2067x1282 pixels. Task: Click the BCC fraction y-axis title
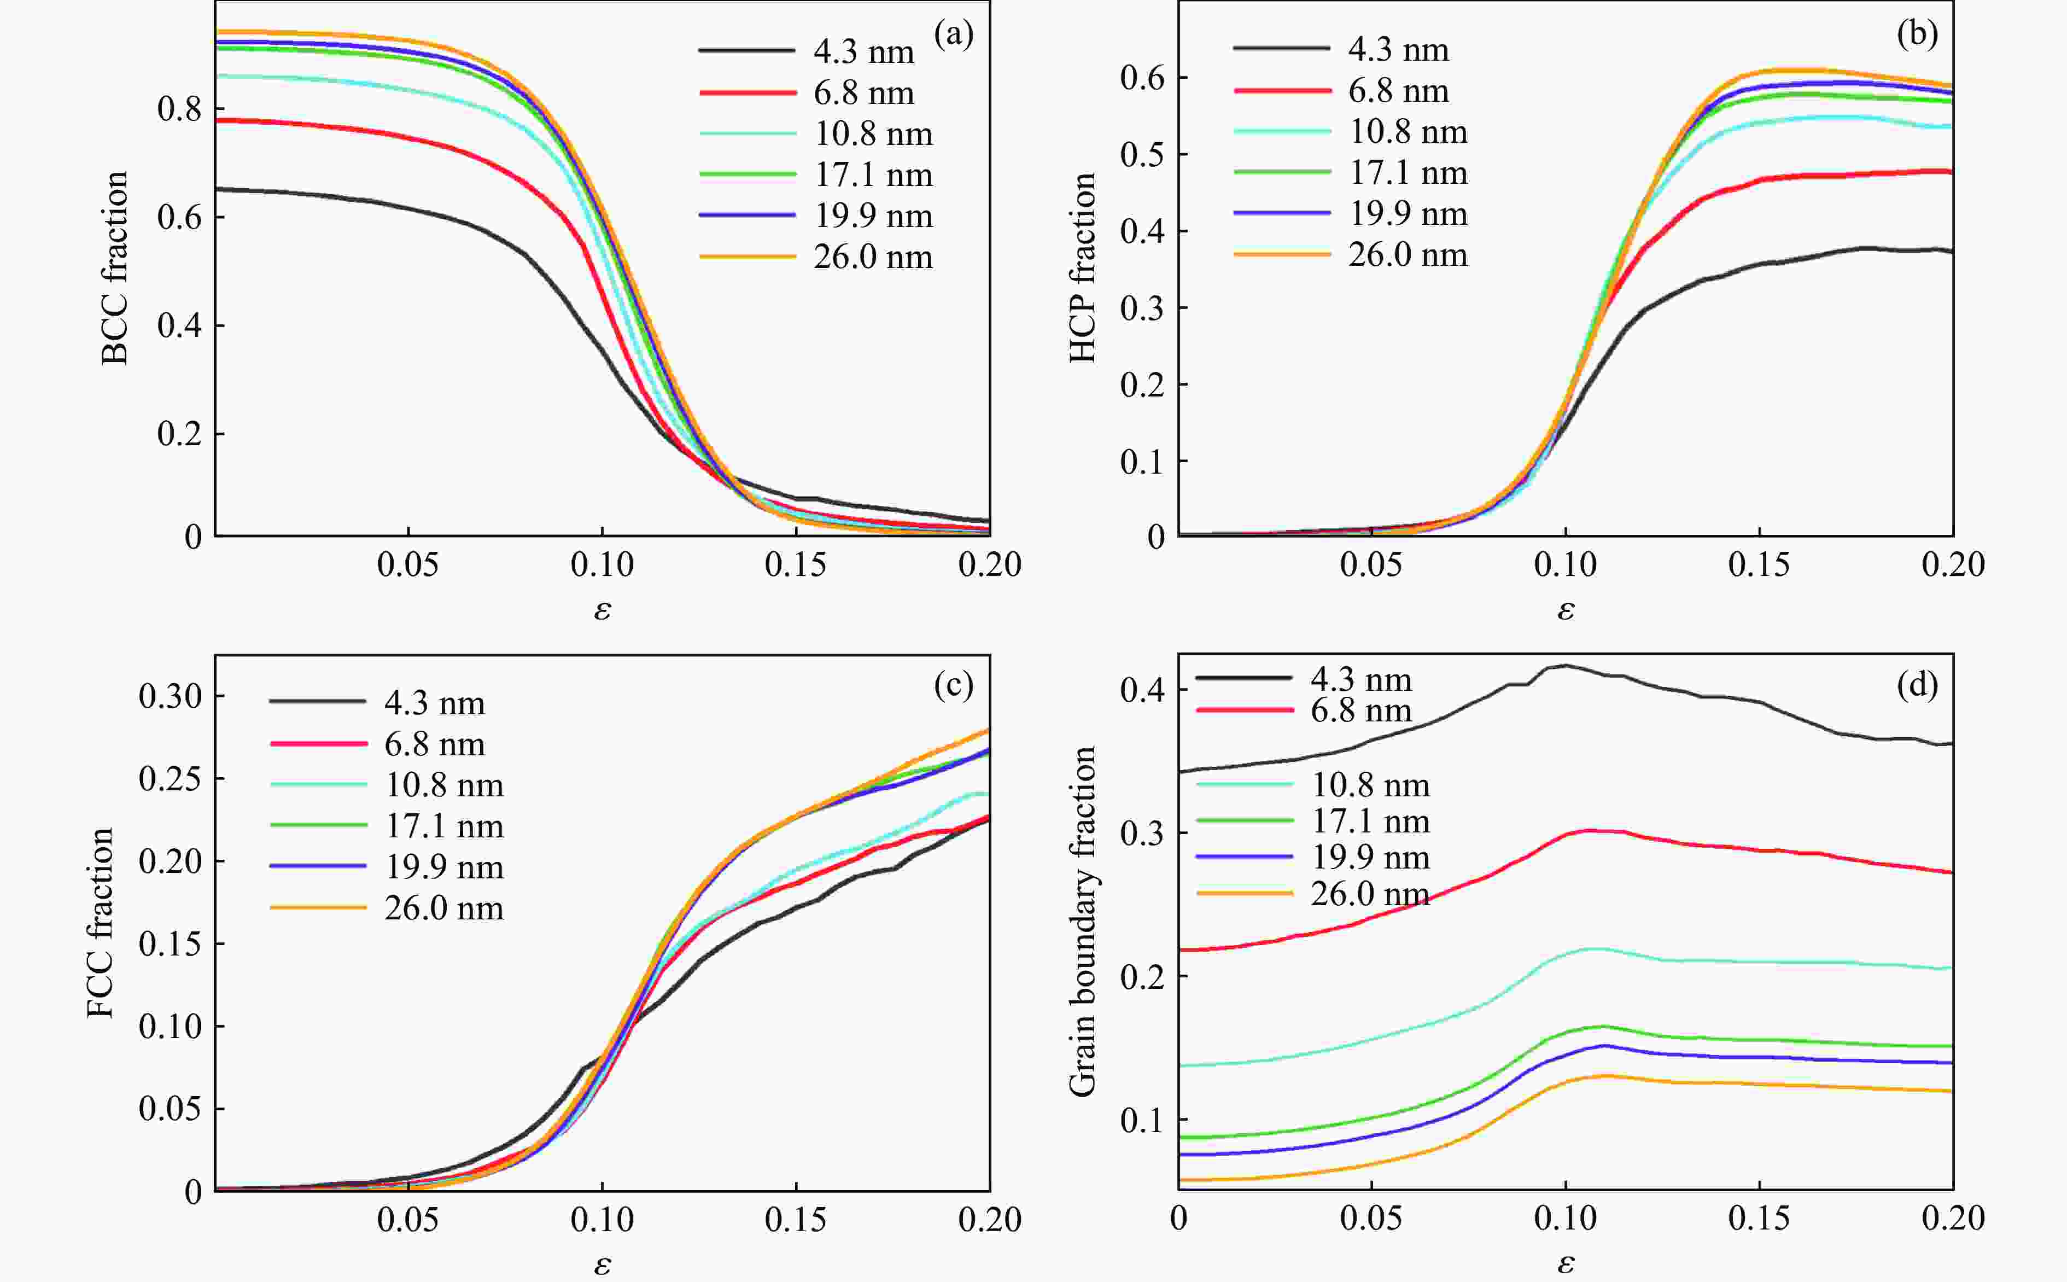point(114,268)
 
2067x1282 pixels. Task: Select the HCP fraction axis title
point(1082,268)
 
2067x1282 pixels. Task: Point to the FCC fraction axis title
point(100,923)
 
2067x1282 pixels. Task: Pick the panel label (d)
point(1917,684)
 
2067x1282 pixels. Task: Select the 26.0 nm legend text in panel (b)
point(1408,254)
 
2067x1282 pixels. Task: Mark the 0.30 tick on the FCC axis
point(171,696)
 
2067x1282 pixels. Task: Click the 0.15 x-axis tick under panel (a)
point(796,564)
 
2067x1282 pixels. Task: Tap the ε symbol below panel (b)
point(1566,610)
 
